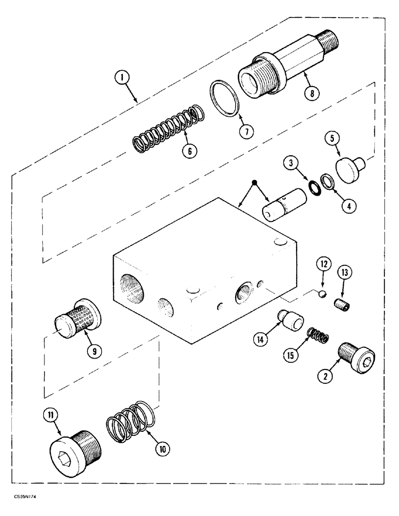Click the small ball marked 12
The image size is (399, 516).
click(x=320, y=293)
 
